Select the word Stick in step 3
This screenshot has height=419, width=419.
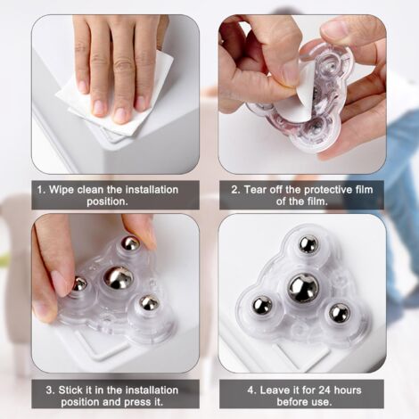[72, 390]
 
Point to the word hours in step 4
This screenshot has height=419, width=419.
[347, 390]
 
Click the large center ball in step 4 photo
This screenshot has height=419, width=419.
[303, 288]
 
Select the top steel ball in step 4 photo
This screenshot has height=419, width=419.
[308, 245]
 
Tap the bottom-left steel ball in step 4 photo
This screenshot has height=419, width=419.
[262, 306]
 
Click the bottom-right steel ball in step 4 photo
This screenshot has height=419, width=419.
[340, 314]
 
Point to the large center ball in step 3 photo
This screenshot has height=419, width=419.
[119, 278]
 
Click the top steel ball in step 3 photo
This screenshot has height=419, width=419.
[130, 243]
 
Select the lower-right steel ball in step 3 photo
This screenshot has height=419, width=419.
[150, 302]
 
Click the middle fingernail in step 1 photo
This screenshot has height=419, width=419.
[121, 115]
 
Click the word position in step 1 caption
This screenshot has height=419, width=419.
[107, 201]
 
